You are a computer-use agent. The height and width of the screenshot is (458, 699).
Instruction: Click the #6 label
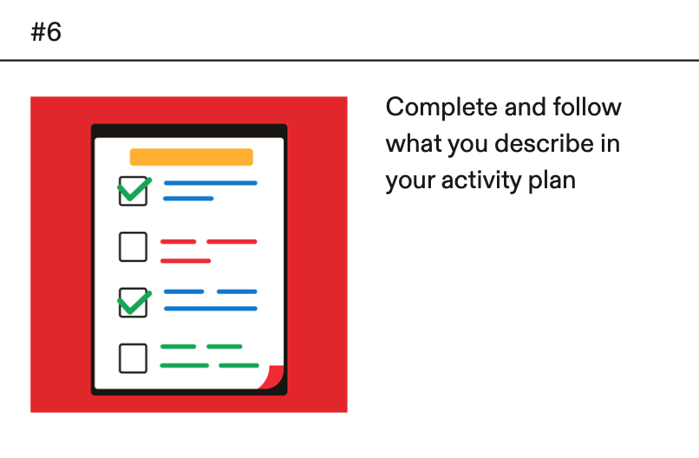[x=46, y=32]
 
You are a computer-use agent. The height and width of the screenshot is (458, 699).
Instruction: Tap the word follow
[x=586, y=107]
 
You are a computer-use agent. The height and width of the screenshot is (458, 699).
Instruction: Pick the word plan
[x=552, y=181]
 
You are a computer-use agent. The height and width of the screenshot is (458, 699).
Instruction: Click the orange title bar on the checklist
[x=192, y=157]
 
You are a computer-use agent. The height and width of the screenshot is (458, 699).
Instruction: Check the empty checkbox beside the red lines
[x=133, y=246]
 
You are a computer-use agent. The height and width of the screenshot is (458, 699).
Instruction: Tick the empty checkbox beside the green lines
[x=133, y=358]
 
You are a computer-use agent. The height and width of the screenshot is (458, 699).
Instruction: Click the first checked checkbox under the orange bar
[x=134, y=191]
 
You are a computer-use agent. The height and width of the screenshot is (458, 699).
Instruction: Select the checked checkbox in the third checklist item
[x=134, y=303]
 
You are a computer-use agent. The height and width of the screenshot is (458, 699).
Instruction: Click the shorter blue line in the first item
[x=188, y=199]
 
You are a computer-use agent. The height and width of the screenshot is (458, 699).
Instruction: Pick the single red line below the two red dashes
[x=186, y=261]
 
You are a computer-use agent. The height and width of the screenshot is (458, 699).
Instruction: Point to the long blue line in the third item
[x=211, y=309]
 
